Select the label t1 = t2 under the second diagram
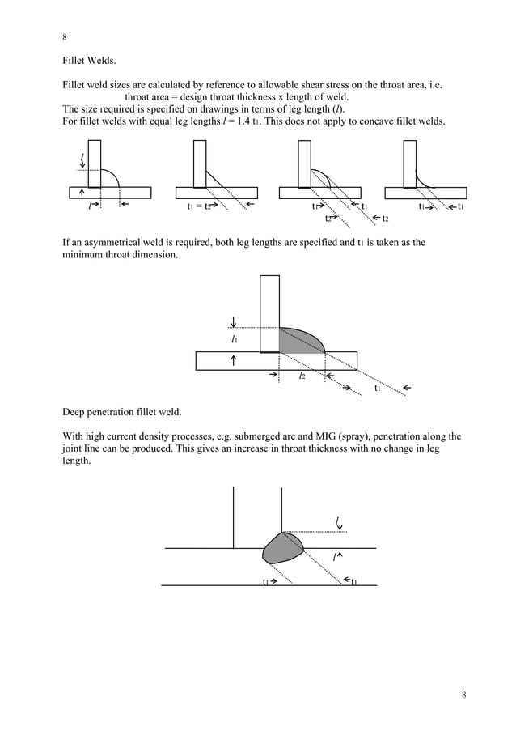click(x=199, y=207)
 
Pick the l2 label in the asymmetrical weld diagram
click(x=302, y=376)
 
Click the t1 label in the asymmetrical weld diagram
click(x=377, y=389)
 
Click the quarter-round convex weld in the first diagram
click(x=108, y=180)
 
